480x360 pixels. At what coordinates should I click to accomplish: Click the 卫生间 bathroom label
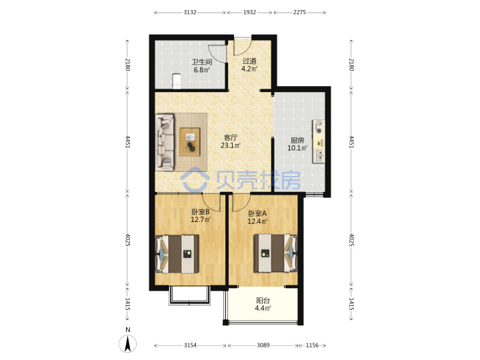pos(202,62)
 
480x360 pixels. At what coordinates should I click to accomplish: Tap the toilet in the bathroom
pos(176,81)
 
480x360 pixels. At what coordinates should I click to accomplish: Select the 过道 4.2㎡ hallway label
pos(249,65)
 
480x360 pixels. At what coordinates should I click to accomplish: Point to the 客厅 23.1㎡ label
pos(231,141)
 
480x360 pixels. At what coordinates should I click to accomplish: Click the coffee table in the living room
pos(189,142)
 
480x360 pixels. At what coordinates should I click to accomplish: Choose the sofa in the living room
pos(165,142)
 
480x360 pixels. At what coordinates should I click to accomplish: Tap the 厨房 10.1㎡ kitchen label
pos(297,144)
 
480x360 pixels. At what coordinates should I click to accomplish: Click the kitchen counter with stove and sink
pos(319,141)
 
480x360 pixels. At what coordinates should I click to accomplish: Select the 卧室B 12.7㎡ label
pos(201,215)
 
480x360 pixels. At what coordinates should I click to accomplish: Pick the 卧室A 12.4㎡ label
pos(257,217)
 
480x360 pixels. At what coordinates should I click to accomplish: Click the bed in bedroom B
pos(177,254)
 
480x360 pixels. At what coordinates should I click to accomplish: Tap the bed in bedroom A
pos(275,253)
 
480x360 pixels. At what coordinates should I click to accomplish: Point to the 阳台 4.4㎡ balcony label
pos(263,304)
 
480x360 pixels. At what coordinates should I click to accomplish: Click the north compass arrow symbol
pos(128,343)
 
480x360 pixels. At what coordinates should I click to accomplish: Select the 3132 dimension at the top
pos(190,12)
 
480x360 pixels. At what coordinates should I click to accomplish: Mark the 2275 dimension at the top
pos(299,12)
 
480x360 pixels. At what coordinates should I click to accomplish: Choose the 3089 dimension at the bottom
pos(263,345)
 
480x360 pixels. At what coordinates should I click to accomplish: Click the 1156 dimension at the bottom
pos(312,345)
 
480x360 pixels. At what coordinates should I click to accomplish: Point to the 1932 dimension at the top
pos(249,12)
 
